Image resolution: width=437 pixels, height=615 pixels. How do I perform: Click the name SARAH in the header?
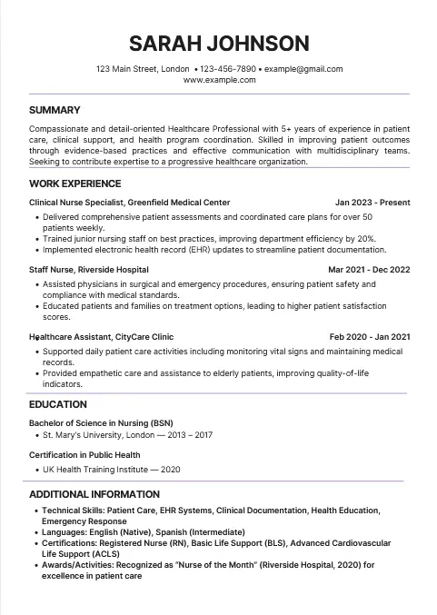coord(164,43)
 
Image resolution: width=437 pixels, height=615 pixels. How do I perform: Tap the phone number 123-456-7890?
coord(227,69)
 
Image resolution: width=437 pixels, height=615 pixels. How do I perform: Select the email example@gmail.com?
coord(303,69)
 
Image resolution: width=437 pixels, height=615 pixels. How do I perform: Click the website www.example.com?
coord(219,80)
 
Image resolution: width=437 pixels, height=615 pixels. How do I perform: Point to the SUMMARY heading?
coord(55,110)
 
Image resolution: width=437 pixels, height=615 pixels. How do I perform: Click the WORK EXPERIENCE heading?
coord(74,184)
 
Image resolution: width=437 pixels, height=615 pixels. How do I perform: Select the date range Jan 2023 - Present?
coord(372,203)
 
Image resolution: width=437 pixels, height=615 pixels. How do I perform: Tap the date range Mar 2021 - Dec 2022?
coord(369,270)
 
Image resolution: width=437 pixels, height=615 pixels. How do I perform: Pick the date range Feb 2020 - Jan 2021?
coord(370,337)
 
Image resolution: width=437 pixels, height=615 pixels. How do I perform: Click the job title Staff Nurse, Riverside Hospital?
coord(89,270)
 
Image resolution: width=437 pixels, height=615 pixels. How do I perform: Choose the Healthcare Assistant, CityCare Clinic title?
coord(101,337)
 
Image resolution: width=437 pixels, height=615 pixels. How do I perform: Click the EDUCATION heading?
coord(58,404)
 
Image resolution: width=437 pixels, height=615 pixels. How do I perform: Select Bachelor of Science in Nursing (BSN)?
coord(101,423)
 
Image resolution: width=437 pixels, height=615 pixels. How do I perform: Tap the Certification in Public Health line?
coord(84,455)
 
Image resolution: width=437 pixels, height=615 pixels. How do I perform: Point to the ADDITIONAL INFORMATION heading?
coord(94,494)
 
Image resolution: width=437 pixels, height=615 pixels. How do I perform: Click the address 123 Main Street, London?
coord(142,69)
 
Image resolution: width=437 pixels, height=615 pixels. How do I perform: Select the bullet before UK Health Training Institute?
coord(36,470)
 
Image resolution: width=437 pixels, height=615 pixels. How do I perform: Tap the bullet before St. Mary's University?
coord(36,436)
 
